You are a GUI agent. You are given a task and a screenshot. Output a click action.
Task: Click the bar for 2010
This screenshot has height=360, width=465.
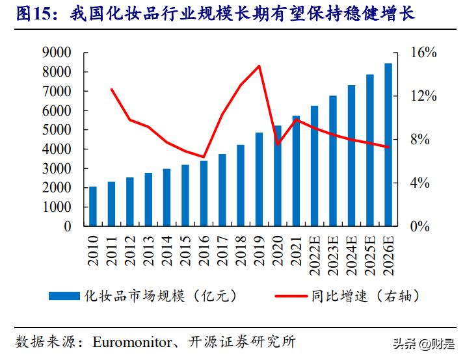tap(93, 207)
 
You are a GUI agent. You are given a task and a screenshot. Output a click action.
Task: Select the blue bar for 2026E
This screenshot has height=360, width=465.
tap(388, 145)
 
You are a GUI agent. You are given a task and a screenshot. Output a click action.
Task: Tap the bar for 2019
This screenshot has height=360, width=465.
tap(259, 180)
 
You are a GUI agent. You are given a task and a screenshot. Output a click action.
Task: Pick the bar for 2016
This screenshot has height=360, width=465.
tap(204, 194)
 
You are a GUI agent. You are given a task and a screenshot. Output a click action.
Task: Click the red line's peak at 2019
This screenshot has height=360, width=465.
tap(259, 66)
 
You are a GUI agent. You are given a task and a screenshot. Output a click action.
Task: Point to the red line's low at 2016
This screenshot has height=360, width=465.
tap(204, 157)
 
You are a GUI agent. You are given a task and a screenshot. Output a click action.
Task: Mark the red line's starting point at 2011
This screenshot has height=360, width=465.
tap(112, 89)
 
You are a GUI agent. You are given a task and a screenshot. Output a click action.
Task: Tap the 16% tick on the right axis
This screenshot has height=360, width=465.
tap(423, 53)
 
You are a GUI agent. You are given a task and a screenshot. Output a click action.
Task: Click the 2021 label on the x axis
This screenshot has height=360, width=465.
tap(296, 249)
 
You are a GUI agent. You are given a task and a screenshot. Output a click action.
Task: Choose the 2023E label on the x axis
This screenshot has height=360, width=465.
tap(333, 252)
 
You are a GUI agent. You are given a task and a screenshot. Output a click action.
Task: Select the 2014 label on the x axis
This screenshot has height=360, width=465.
tap(167, 249)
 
